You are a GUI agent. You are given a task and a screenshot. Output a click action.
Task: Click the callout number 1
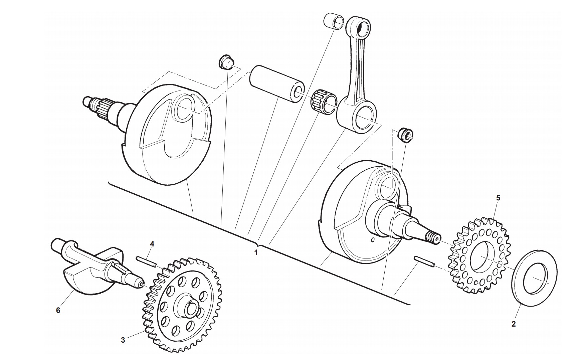256,253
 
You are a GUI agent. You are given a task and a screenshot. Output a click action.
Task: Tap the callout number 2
514,324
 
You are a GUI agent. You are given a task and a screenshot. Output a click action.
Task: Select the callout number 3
123,340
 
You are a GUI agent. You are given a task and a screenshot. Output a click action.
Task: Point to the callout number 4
152,244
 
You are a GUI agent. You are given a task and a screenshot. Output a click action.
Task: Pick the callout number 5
498,198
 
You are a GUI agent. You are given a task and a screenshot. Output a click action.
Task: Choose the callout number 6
58,311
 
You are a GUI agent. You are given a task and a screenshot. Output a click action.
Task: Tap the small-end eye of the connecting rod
362,28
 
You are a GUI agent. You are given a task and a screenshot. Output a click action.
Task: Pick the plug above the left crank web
226,62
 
